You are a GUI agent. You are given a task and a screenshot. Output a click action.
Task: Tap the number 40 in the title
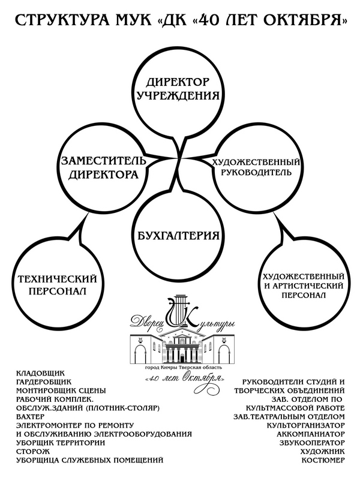[211, 20]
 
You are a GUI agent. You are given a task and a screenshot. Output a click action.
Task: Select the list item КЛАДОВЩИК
[40, 373]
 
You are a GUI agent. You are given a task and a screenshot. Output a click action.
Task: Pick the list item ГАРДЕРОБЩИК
[44, 381]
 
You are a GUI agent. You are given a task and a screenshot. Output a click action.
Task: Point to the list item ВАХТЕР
[30, 416]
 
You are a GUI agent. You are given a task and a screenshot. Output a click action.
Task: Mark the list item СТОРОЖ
[32, 451]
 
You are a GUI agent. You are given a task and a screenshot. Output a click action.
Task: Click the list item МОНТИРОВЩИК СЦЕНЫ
[61, 390]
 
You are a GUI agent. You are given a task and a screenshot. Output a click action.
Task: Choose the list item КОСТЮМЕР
[323, 460]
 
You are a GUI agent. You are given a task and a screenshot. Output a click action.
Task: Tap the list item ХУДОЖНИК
[322, 451]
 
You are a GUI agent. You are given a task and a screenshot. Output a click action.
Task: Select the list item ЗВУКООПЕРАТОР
[312, 443]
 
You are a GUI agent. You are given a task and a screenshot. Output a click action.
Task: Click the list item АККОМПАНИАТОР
[311, 434]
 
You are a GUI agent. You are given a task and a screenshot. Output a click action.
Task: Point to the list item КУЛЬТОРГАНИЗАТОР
[305, 425]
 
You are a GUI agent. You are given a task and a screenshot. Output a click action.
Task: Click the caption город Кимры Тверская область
[184, 367]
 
